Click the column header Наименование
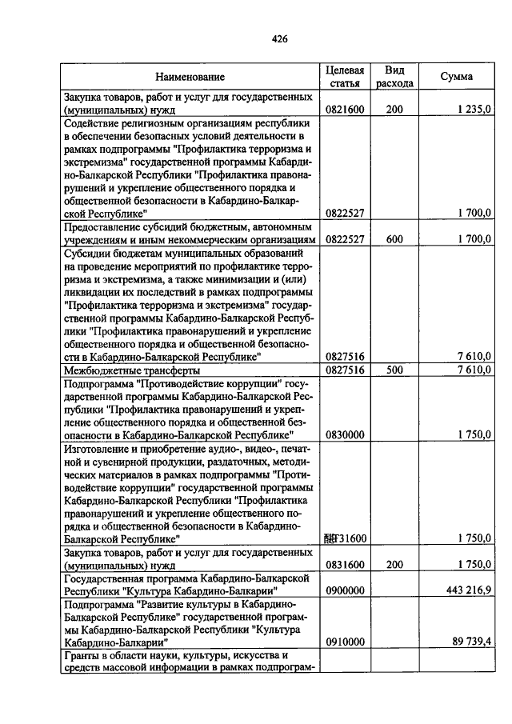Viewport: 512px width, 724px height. point(190,77)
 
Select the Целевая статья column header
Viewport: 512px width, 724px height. point(346,77)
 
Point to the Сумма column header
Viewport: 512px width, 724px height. point(456,77)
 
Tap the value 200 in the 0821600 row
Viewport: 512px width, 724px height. point(394,110)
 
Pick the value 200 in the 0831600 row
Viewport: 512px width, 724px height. point(394,564)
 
